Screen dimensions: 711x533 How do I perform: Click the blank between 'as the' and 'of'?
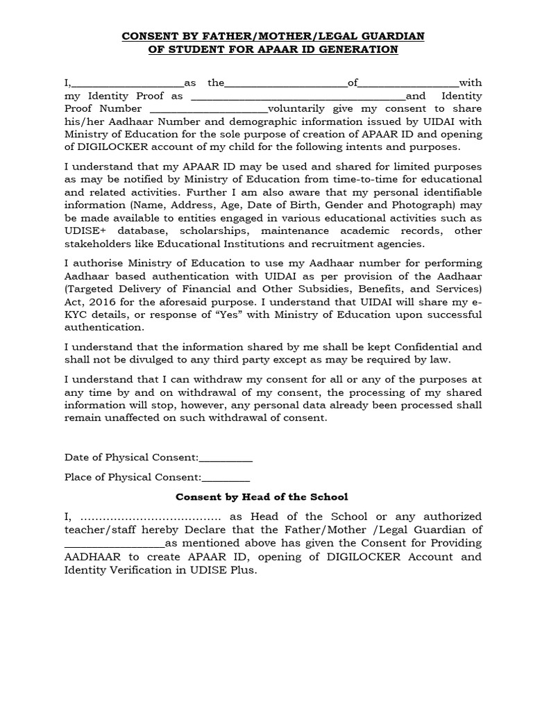[x=286, y=83]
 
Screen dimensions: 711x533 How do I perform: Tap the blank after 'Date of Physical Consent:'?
[x=226, y=458]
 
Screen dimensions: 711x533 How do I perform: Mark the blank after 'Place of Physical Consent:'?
[x=226, y=478]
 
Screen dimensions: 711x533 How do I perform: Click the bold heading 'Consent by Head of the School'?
[x=262, y=497]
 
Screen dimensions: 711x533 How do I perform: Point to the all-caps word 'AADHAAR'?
[x=92, y=557]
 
